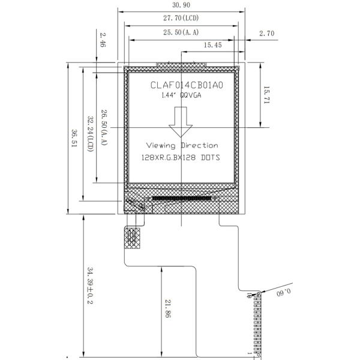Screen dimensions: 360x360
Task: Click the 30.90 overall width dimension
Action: coord(181,5)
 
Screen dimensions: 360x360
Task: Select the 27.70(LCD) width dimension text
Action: coord(181,18)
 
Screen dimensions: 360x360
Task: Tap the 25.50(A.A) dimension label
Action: coord(181,32)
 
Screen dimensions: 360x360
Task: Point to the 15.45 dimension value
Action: coord(213,45)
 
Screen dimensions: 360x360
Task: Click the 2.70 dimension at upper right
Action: coord(267,34)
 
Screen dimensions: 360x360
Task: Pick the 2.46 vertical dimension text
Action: coord(103,40)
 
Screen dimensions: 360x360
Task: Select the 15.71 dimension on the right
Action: coord(266,95)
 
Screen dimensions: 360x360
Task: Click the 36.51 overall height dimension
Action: coord(74,138)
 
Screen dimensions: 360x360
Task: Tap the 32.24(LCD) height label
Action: coord(91,134)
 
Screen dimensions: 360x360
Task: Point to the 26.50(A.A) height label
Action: coord(104,127)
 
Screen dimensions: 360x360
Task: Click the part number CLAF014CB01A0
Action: coord(187,85)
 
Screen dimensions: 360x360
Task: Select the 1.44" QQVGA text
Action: coord(181,95)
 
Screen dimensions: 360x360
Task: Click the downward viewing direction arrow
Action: coord(181,122)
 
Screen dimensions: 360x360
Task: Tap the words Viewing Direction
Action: coord(182,145)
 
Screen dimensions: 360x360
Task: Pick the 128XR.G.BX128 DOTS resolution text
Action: coord(181,157)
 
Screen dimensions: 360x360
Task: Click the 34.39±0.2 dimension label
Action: coord(90,286)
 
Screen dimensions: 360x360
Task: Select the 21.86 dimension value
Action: coord(168,308)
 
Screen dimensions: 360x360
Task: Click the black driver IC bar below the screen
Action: coord(181,199)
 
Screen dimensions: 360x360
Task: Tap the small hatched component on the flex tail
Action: coord(132,238)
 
